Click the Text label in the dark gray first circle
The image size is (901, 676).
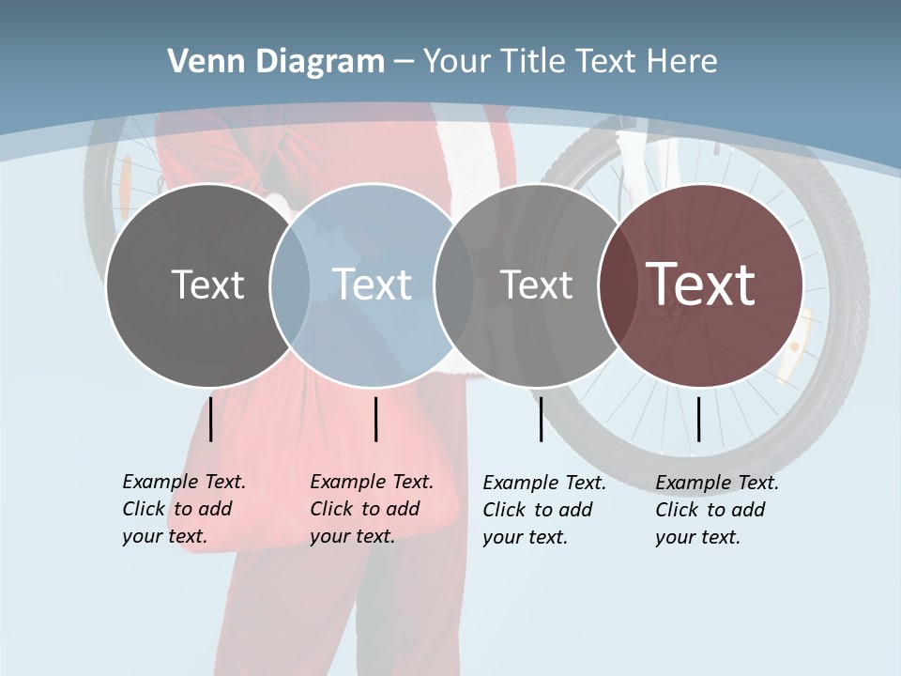pos(207,284)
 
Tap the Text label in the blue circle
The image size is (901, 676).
pos(372,284)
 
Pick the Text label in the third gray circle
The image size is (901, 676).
pos(536,284)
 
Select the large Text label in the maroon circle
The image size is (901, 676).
pos(701,284)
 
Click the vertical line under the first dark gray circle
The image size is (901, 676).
pos(211,419)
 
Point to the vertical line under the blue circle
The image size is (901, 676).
pos(375,419)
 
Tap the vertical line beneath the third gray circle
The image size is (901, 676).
pos(541,419)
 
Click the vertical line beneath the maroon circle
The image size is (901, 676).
pos(698,419)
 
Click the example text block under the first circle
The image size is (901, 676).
pos(183,509)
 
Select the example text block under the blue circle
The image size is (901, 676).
pos(371,509)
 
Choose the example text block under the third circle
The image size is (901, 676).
pos(543,510)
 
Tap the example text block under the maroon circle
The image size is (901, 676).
pos(716,510)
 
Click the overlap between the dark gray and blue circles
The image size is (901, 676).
pos(290,284)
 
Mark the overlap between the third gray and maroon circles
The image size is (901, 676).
pos(614,284)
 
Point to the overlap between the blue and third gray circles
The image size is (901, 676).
pos(454,284)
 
